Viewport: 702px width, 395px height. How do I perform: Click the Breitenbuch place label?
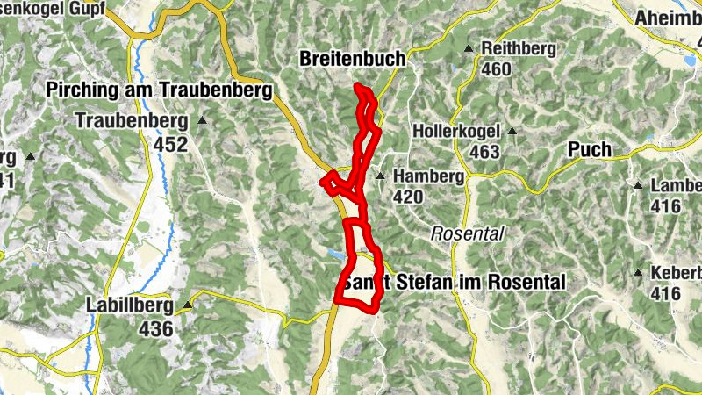[352, 59]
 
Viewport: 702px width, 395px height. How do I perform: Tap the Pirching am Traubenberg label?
[158, 91]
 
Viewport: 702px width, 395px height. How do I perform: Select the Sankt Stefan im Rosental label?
[454, 283]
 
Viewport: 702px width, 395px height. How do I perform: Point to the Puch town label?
[589, 149]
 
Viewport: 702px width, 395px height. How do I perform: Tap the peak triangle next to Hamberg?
[381, 176]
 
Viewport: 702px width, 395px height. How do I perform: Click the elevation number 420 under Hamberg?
[408, 197]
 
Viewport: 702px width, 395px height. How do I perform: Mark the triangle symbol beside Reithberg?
[469, 48]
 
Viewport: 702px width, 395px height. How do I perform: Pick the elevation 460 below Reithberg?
[496, 69]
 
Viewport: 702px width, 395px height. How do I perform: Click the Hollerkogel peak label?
[456, 132]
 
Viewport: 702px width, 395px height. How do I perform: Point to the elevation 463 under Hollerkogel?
[484, 153]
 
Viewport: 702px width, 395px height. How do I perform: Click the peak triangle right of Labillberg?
[188, 305]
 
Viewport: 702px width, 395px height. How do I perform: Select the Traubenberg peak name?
[132, 120]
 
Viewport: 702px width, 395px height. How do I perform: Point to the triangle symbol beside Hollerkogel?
[512, 133]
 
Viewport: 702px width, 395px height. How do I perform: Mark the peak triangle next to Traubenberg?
[203, 120]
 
